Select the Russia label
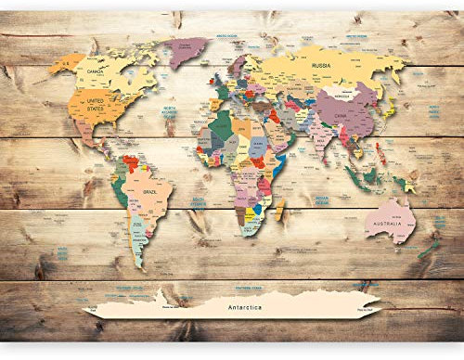(x=322, y=66)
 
